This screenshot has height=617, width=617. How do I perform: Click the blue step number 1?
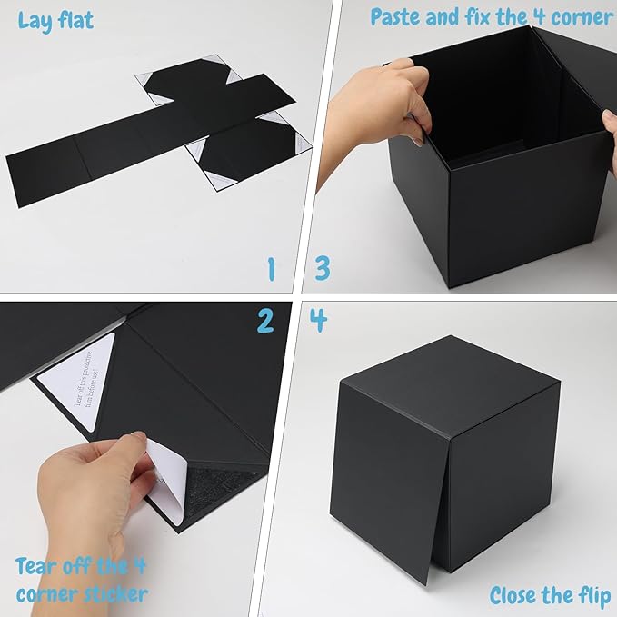pos(270,269)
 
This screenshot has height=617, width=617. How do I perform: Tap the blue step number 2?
pos(264,320)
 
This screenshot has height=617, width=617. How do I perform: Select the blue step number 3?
pos(323,269)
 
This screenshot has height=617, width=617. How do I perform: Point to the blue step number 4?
pos(318,320)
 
